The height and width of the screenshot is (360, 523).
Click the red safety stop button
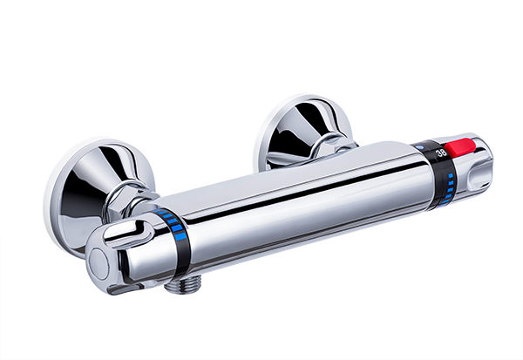coord(462,148)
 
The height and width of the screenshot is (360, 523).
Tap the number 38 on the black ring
coord(442,153)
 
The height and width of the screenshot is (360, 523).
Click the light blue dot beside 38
coord(420,147)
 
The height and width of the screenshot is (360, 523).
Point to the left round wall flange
coord(97,197)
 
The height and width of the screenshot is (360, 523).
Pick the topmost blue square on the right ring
coord(451,175)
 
